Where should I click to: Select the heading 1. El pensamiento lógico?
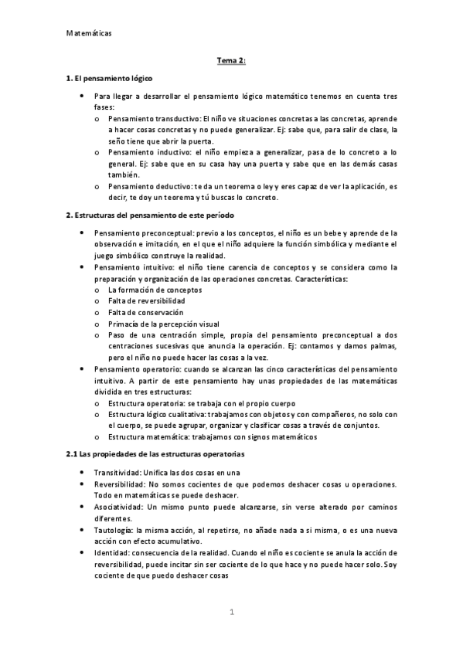[x=110, y=79]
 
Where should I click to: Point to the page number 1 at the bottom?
[x=231, y=613]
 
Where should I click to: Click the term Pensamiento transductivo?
[x=154, y=120]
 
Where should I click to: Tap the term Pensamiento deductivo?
[x=151, y=186]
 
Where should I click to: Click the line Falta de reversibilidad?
[x=147, y=301]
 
